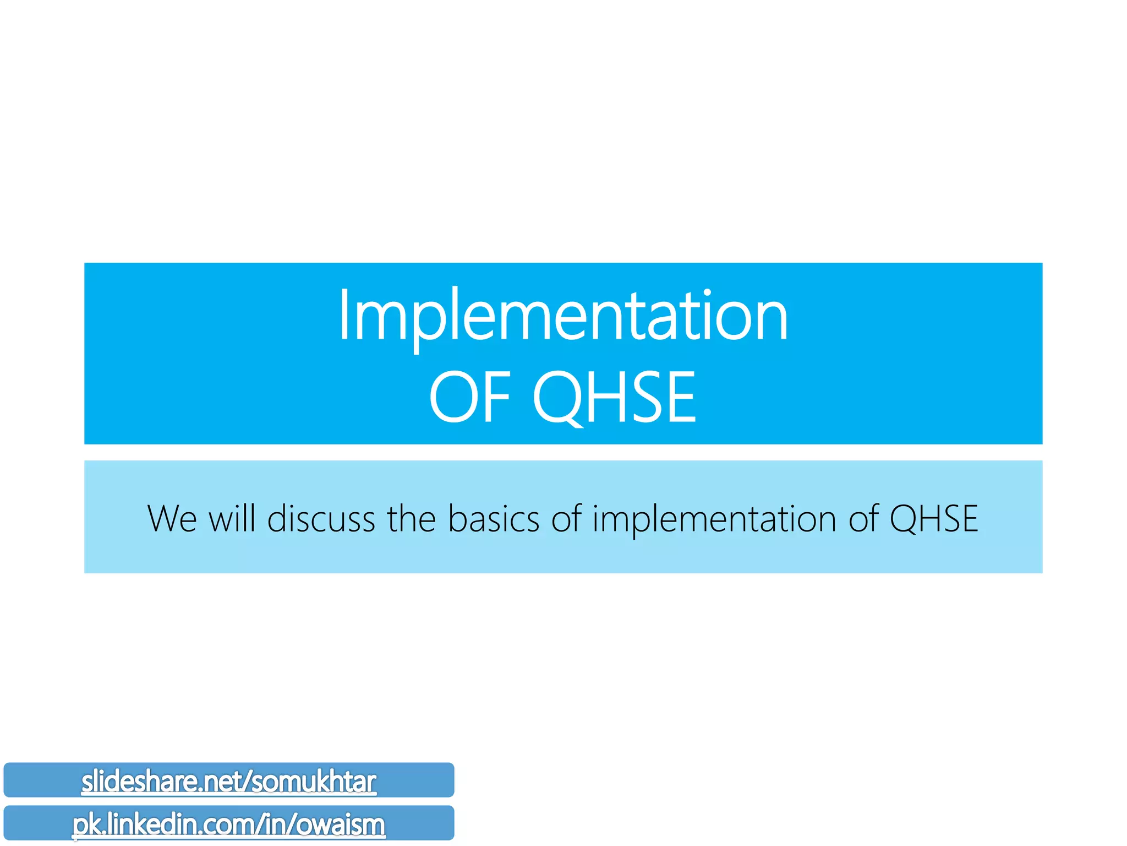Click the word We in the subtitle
tap(172, 519)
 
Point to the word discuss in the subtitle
tap(321, 519)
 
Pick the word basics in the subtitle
tap(494, 519)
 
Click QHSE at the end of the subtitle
tap(934, 519)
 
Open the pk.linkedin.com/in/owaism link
tap(229, 825)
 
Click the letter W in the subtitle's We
tap(163, 519)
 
